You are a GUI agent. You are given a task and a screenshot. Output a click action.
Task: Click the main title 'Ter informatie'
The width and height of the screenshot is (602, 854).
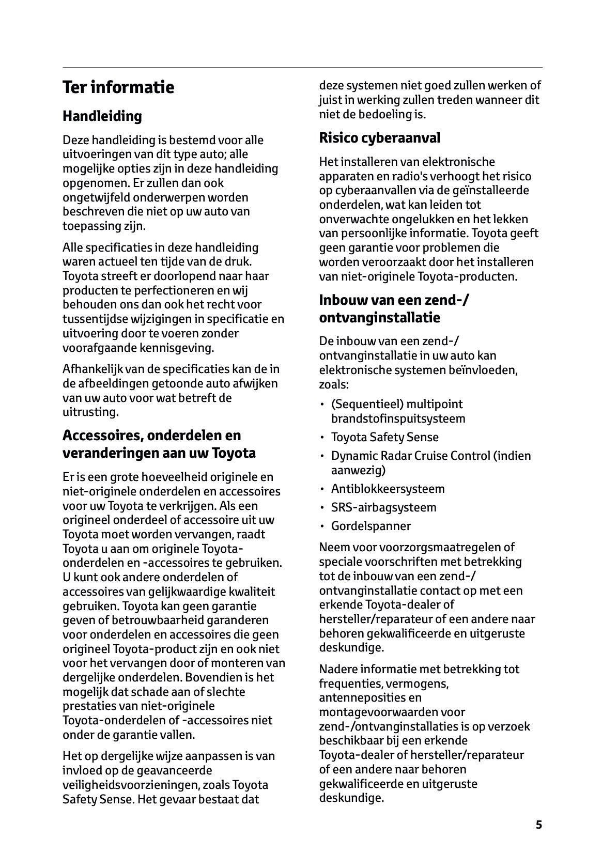coord(118,87)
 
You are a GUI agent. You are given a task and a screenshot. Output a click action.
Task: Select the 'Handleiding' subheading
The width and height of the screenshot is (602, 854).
coord(102,116)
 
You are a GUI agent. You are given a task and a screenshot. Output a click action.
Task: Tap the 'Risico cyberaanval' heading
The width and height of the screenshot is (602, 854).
coord(379,138)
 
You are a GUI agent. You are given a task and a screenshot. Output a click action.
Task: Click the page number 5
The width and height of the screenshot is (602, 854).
coord(539,825)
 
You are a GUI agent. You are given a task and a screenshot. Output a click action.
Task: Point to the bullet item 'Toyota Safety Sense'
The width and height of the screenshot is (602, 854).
coord(384,437)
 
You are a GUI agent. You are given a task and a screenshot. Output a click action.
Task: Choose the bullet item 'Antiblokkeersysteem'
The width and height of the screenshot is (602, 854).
coord(388,489)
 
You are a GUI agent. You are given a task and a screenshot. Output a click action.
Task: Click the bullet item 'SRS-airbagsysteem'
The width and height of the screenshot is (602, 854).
coord(383,507)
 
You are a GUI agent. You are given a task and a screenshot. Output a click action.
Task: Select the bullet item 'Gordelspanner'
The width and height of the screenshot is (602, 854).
coord(371,526)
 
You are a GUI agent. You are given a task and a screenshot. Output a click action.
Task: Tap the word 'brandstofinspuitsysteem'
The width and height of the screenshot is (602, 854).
coord(398,418)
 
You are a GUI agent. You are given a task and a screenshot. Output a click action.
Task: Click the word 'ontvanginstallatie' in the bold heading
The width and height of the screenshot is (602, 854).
coord(379,318)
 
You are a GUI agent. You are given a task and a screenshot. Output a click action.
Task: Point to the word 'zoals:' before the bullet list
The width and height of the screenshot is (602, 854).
coord(334,385)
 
